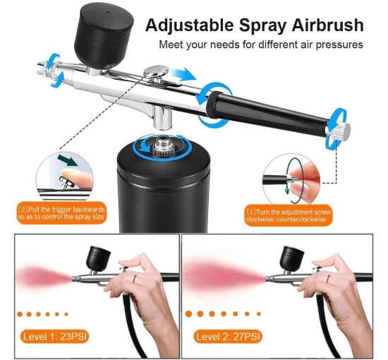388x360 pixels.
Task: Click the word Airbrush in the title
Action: coord(327,25)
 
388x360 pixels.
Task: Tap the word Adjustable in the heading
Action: coord(189,26)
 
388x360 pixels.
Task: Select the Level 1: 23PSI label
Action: coord(55,337)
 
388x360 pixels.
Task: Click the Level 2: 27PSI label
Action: coord(228,337)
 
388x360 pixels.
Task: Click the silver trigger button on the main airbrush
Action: coord(157,72)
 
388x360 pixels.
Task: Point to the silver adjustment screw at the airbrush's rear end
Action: coord(339,130)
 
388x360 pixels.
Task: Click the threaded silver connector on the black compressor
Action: coord(162,146)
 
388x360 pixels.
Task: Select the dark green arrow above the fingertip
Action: coord(67,160)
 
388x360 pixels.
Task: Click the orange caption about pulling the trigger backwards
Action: coord(61,213)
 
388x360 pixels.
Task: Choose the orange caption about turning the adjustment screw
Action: coord(289,216)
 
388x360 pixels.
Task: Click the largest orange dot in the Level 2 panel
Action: coord(189,314)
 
